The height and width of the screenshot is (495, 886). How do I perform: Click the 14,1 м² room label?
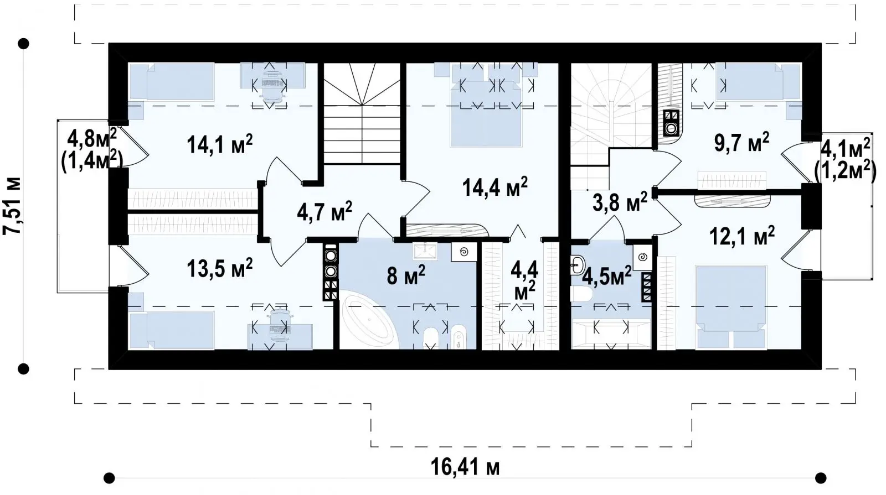click(x=219, y=144)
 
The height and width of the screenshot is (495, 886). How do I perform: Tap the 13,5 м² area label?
click(x=219, y=268)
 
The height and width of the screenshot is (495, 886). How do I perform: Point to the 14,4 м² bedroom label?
click(x=495, y=187)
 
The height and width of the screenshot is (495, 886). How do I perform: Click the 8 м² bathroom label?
click(x=406, y=275)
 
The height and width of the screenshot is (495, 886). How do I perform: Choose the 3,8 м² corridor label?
click(x=620, y=202)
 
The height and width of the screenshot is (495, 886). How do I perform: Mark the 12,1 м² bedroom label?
click(x=742, y=236)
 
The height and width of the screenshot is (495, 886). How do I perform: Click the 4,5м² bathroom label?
click(x=607, y=277)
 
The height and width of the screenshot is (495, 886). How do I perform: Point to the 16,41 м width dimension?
click(x=465, y=467)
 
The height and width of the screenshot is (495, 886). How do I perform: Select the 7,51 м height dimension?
click(x=12, y=206)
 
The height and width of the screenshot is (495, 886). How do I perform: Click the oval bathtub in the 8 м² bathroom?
click(x=370, y=321)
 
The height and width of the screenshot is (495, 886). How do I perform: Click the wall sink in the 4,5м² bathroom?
click(x=578, y=264)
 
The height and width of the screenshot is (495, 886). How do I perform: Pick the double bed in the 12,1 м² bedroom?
click(x=731, y=308)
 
